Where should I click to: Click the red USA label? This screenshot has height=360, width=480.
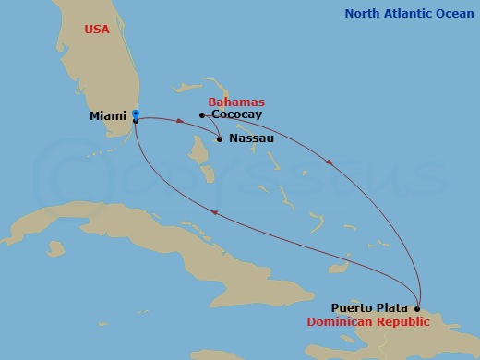pyautogui.click(x=96, y=30)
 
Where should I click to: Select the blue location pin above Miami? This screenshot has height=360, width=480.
pyautogui.click(x=135, y=114)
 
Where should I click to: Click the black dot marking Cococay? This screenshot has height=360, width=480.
pyautogui.click(x=201, y=115)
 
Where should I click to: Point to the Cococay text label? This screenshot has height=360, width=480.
pyautogui.click(x=236, y=115)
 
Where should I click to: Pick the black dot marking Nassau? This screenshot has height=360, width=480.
pyautogui.click(x=219, y=139)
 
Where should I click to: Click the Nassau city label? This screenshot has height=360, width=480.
pyautogui.click(x=249, y=138)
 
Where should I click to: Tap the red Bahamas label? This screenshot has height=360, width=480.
pyautogui.click(x=236, y=102)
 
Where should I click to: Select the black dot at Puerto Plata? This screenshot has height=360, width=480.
pyautogui.click(x=417, y=308)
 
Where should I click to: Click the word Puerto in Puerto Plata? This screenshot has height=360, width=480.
pyautogui.click(x=353, y=308)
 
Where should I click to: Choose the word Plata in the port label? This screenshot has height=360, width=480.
pyautogui.click(x=393, y=308)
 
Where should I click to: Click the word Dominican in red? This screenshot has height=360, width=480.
pyautogui.click(x=341, y=322)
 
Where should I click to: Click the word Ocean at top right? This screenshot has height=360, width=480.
pyautogui.click(x=455, y=14)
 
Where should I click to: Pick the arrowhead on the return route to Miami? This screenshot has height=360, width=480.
pyautogui.click(x=214, y=213)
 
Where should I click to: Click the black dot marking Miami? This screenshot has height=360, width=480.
pyautogui.click(x=135, y=121)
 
